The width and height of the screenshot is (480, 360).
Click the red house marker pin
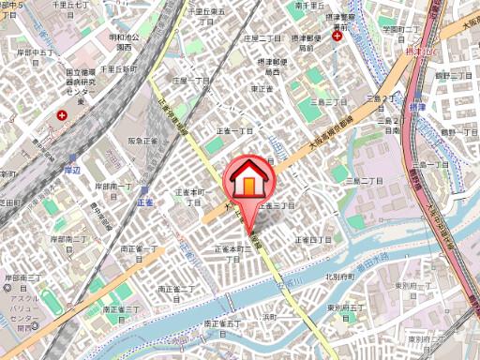[x=247, y=179]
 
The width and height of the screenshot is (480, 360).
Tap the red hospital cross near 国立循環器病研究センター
[x=62, y=116]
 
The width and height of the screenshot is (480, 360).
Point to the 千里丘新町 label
[x=120, y=69]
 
